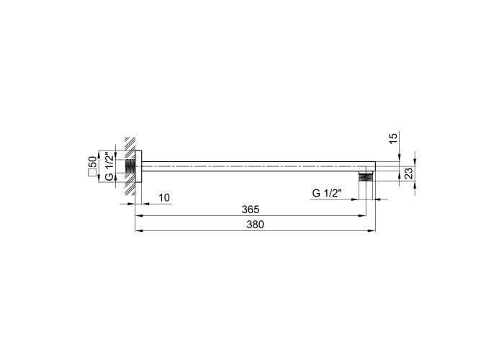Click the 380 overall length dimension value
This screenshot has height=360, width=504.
[255, 225]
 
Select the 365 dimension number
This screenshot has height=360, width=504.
[251, 210]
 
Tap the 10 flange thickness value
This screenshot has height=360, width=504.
[164, 198]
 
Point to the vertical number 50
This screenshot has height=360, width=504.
[92, 162]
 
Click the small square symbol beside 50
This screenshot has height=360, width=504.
[92, 173]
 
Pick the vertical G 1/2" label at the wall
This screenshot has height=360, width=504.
[109, 167]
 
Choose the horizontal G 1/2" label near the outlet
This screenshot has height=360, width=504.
[327, 193]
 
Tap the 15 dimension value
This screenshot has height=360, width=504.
[393, 138]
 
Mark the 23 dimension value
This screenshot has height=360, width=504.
[408, 174]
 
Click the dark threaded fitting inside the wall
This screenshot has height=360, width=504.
[130, 166]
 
